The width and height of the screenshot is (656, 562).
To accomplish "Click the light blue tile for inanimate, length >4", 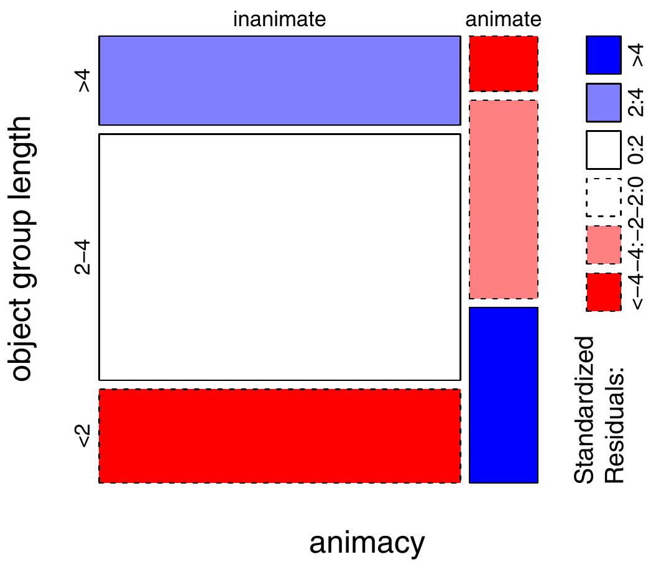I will point(279,80).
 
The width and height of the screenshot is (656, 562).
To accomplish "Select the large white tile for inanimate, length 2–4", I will point(279,257).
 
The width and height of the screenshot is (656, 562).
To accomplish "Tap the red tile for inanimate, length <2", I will point(279,436).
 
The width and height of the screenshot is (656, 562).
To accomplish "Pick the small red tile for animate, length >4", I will point(503,63).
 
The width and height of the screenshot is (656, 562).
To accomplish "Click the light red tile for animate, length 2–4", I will point(503,199).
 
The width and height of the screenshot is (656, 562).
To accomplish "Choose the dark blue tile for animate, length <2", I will point(503,395).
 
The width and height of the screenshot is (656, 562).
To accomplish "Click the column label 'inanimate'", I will point(279,20).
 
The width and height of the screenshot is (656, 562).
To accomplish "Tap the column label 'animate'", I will point(503,20).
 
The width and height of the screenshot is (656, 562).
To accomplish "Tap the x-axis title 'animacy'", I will point(367,543).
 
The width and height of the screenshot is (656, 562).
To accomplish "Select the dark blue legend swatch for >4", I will point(603,55).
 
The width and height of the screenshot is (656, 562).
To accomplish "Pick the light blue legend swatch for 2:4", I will point(603,102).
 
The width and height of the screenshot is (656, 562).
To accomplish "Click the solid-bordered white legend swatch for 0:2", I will point(603,150).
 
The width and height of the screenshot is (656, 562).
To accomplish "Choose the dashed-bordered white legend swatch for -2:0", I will point(603,197).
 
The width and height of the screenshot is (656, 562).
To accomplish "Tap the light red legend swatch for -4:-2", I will point(603,245).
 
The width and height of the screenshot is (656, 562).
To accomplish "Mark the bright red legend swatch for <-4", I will point(603,292).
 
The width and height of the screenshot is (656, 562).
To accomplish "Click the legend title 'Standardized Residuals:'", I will point(598,410).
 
